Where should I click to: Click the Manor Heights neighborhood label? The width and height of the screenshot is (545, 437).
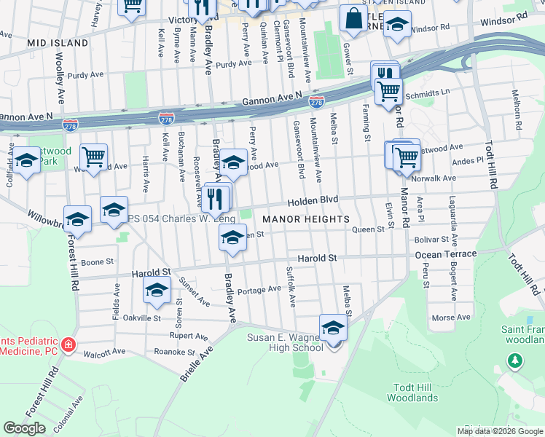coord(306,219)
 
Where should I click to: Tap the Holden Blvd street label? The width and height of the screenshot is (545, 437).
coord(313,200)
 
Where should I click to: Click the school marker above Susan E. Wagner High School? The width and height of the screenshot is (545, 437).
coord(333,328)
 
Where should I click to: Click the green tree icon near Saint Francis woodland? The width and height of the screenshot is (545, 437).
coord(515,360)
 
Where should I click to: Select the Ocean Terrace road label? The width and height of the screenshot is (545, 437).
coord(446,254)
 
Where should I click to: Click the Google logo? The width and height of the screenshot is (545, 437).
coord(24,428)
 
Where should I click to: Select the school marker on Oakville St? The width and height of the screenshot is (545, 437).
coord(156,291)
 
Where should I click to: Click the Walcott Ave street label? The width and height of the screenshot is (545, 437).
coord(105,352)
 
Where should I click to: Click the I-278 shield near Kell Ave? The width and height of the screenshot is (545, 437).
coord(166,117)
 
